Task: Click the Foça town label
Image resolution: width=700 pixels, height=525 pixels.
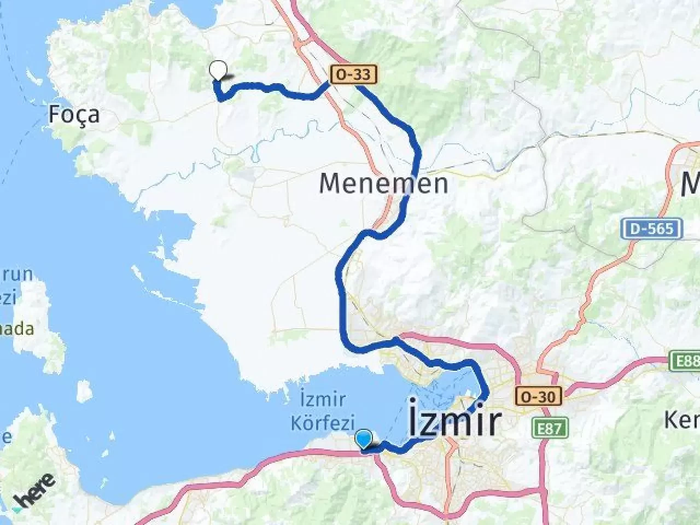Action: (74, 115)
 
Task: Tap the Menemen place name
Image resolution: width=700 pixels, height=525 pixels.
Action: (383, 183)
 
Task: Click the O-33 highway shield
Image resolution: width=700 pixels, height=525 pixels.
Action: (353, 74)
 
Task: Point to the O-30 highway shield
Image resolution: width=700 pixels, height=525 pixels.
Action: (539, 396)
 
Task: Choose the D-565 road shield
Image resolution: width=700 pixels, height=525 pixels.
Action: (651, 228)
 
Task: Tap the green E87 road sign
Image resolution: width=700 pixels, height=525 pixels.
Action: (550, 428)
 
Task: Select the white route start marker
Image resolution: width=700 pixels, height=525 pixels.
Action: (218, 71)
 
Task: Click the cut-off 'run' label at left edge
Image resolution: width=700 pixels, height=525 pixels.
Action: (16, 274)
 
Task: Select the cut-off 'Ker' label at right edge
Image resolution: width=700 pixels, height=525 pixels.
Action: (681, 420)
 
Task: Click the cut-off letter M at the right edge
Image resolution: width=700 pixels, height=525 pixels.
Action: (690, 184)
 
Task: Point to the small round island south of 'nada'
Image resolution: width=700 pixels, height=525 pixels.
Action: (84, 390)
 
